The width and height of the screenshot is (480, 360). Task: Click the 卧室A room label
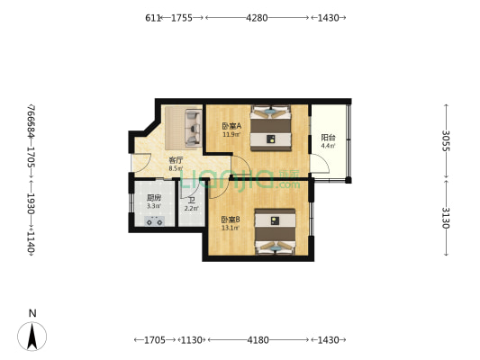tap(231, 127)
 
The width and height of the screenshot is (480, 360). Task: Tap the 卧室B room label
tap(231, 219)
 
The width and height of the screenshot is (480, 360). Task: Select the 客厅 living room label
tap(176, 160)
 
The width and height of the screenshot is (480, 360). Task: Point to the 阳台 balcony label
tap(328, 138)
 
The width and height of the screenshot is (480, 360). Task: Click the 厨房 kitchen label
tap(154, 198)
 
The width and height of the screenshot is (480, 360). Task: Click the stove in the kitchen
tap(153, 221)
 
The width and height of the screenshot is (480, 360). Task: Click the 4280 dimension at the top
tap(257, 17)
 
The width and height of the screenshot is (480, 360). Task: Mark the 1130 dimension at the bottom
tap(190, 339)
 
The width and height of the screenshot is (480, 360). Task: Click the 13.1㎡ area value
tap(231, 228)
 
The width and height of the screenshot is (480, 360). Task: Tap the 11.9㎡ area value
tap(231, 136)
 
